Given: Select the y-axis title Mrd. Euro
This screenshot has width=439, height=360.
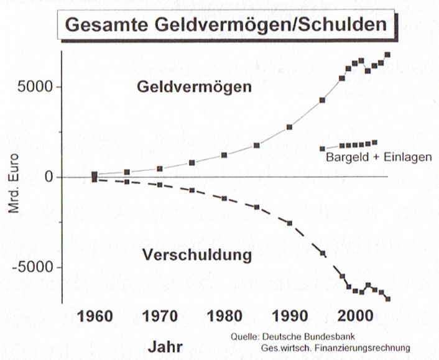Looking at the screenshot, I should [x=14, y=184].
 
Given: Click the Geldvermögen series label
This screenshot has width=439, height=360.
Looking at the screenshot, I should [x=195, y=87].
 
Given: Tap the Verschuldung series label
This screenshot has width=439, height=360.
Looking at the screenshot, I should [x=196, y=255].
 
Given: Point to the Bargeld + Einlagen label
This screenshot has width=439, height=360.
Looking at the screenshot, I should [x=378, y=157].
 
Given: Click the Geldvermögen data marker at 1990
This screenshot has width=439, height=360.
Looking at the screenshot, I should [x=290, y=127].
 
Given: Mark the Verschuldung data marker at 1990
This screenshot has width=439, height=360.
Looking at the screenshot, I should [x=290, y=223].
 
